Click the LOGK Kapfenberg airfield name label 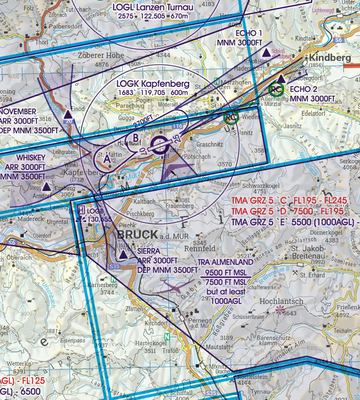pos(153,84)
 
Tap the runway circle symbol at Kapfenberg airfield pos(159,145)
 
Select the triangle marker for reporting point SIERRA pos(124,255)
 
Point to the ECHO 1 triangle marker pos(266,53)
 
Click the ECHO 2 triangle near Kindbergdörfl pos(282,79)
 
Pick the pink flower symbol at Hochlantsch pos(279,309)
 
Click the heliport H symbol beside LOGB pos(81,210)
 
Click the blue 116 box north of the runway pos(178,126)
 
